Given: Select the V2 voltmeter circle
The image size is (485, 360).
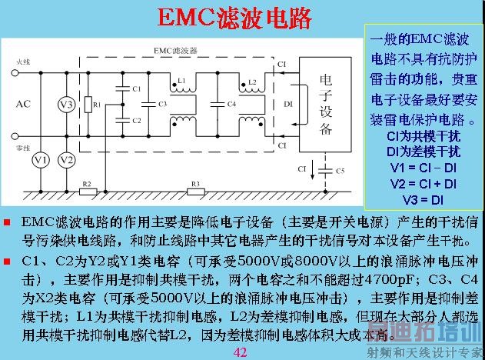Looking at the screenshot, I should click(67, 159).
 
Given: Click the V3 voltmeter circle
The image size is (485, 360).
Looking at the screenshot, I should click(67, 104).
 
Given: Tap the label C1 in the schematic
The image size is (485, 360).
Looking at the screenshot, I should click(136, 89).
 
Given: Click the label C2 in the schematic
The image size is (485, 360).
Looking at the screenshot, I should click(136, 121).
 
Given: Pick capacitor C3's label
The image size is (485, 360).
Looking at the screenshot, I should click(161, 103).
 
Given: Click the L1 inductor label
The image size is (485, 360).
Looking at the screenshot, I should click(181, 80).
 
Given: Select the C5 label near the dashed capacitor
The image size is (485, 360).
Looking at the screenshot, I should click(340, 169).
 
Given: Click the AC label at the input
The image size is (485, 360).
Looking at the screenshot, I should click(24, 103).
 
